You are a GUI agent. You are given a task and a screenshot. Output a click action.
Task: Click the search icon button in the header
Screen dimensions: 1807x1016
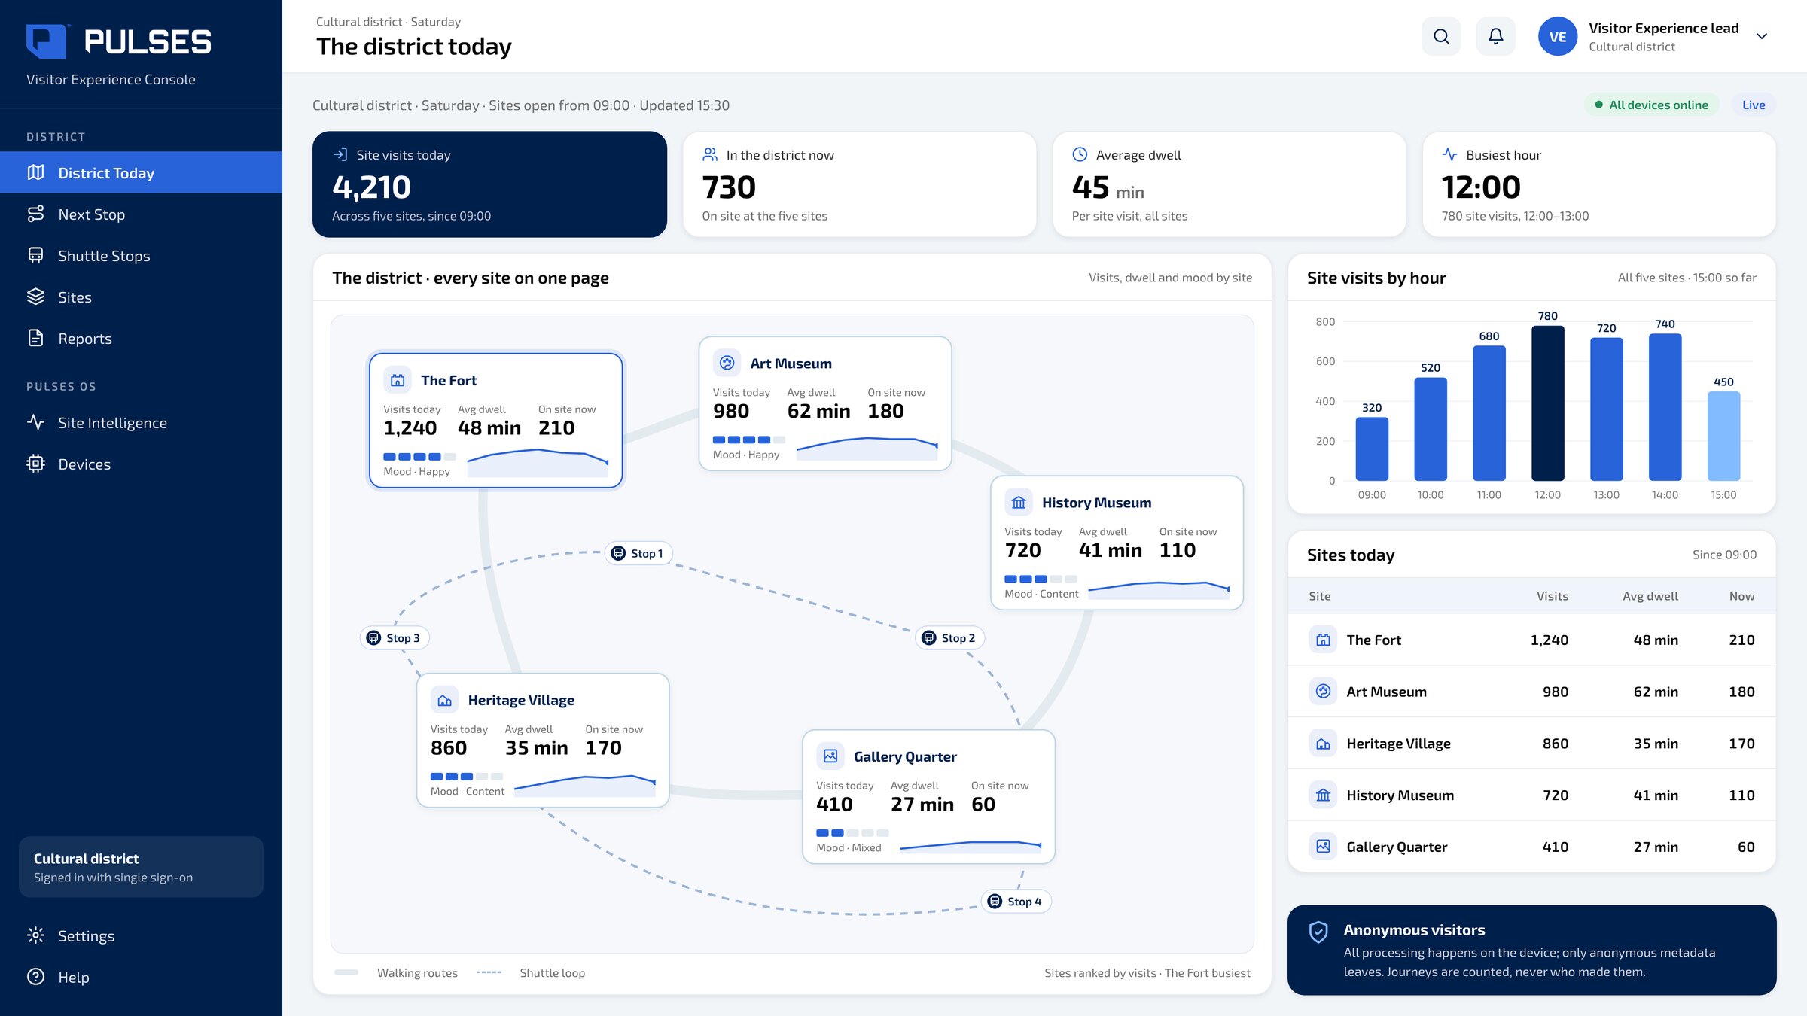(1441, 36)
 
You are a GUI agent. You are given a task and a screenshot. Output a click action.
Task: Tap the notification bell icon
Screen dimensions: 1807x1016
(1495, 36)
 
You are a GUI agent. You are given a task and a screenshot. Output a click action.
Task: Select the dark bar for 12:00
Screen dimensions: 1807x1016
(1547, 403)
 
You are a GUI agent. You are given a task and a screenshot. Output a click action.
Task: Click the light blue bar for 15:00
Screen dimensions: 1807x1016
(1723, 437)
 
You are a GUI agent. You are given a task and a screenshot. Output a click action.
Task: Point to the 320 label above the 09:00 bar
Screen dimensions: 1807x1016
(1372, 408)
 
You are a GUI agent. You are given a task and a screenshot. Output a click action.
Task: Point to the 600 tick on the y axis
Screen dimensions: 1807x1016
(1325, 361)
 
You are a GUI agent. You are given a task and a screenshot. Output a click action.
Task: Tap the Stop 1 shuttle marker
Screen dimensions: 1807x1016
(638, 553)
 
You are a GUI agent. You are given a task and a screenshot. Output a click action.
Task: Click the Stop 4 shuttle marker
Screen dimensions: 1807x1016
(1016, 902)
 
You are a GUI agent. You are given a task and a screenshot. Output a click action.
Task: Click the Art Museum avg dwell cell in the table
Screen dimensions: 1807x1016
(1656, 692)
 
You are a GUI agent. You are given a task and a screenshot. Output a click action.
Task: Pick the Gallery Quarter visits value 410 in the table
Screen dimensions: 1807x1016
(1555, 847)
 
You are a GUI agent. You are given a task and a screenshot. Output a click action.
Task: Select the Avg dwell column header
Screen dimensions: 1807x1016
(1650, 596)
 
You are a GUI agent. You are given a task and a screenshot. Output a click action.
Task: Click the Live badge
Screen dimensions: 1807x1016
(1754, 105)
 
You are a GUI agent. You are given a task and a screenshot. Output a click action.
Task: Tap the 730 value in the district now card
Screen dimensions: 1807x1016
(729, 187)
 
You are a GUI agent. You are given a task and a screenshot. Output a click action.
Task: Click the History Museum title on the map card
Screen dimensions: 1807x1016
(1096, 503)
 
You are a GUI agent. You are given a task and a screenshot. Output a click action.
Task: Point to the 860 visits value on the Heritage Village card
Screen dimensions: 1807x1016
(449, 748)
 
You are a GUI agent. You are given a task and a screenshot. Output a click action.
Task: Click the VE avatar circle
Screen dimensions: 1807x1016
(1558, 36)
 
